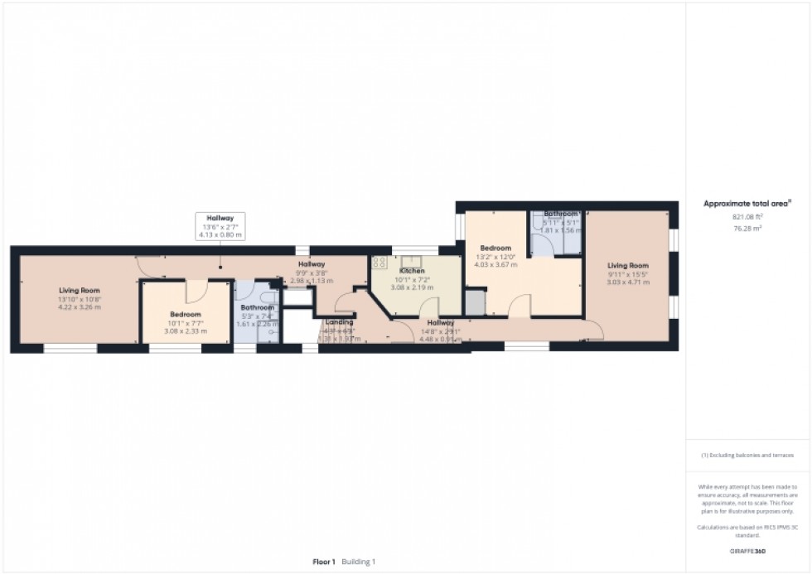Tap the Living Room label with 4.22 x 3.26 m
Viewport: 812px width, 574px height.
(79, 297)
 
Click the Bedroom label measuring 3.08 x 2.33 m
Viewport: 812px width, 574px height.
(186, 321)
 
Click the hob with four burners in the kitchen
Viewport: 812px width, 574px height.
(379, 263)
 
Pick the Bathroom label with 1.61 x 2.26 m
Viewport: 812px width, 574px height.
(256, 315)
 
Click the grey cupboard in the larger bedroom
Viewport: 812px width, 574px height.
(475, 303)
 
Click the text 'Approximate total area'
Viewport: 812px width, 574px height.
(747, 202)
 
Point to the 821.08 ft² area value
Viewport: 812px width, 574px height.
(747, 216)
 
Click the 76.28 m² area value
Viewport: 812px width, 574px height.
(747, 229)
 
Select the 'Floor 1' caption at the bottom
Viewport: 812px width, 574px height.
(323, 562)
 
